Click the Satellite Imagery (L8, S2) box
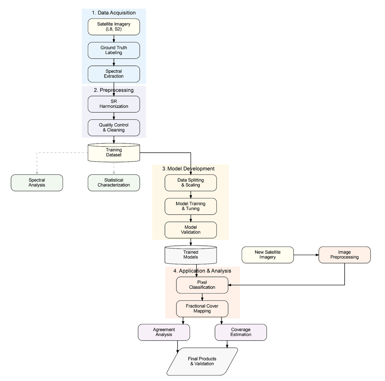click(114, 27)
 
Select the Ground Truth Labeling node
click(114, 50)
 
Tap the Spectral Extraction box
click(114, 74)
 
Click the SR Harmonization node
click(114, 104)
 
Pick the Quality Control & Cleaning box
click(114, 128)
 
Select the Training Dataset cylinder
click(114, 153)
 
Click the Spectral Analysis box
click(37, 183)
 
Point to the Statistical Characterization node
click(114, 183)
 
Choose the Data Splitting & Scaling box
click(191, 183)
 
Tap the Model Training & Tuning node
click(191, 206)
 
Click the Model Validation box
click(191, 230)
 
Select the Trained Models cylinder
click(191, 255)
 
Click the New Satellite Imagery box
click(268, 255)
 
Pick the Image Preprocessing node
click(345, 255)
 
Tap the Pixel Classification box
click(202, 285)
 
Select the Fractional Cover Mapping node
click(202, 309)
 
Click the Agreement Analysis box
click(164, 332)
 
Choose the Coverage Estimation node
click(241, 332)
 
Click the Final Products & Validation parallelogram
click(202, 361)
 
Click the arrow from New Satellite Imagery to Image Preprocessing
click(306, 255)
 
